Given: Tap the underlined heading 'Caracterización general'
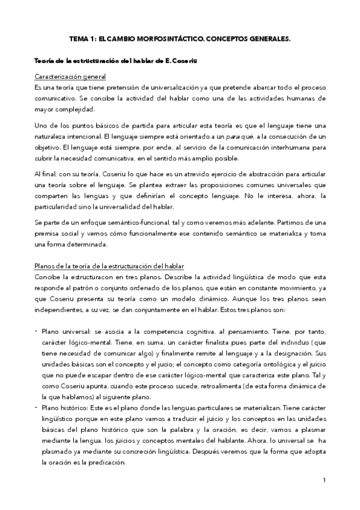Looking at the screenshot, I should pos(70,78).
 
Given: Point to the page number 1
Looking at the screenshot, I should pos(323,480).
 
